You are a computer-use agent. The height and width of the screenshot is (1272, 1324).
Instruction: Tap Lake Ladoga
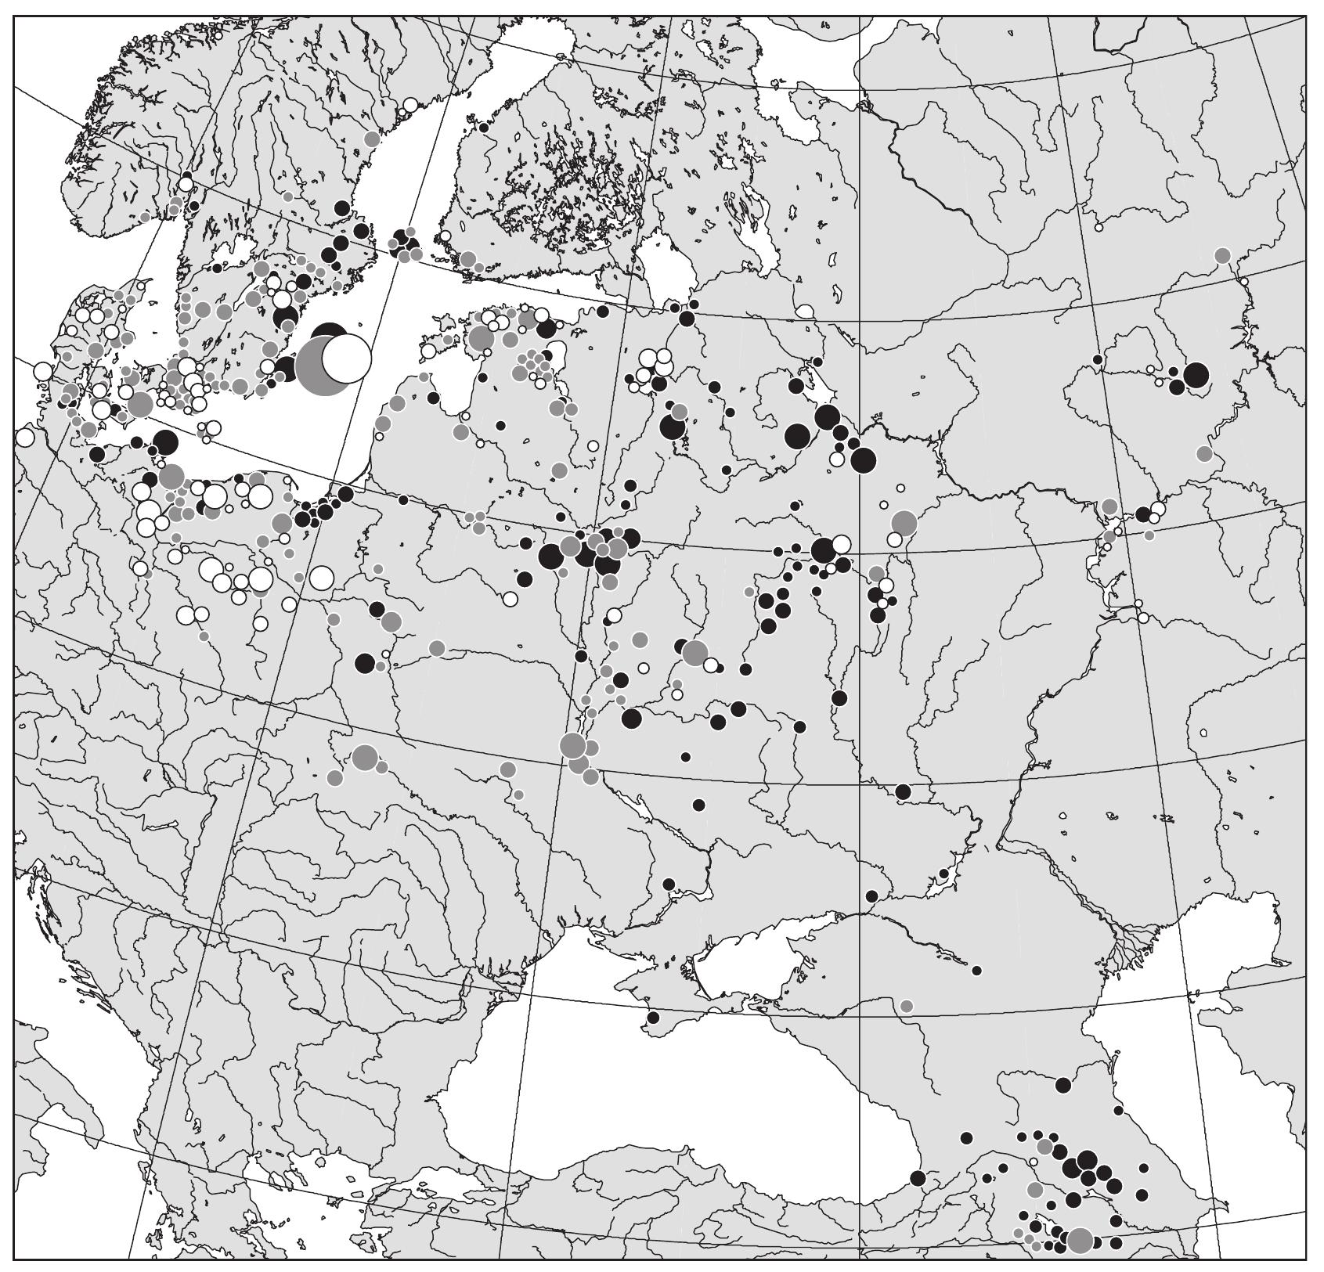(667, 270)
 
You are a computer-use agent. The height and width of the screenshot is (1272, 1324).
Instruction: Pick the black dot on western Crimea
(653, 1018)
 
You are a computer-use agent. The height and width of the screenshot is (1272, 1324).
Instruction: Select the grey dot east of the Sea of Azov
(906, 1006)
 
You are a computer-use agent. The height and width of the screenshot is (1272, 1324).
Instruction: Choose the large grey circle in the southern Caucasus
(1080, 1240)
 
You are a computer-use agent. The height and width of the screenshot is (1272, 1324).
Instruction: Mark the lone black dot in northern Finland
(484, 127)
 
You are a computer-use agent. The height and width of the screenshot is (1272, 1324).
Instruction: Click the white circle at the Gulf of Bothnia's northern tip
(409, 105)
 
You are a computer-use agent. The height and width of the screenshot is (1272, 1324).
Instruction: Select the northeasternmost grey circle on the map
(1222, 255)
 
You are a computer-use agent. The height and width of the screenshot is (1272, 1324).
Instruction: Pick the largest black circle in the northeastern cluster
(1196, 375)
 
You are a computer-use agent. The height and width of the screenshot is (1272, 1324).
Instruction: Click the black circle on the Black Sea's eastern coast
(918, 1178)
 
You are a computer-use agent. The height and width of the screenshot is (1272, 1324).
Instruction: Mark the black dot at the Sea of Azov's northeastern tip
(872, 895)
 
